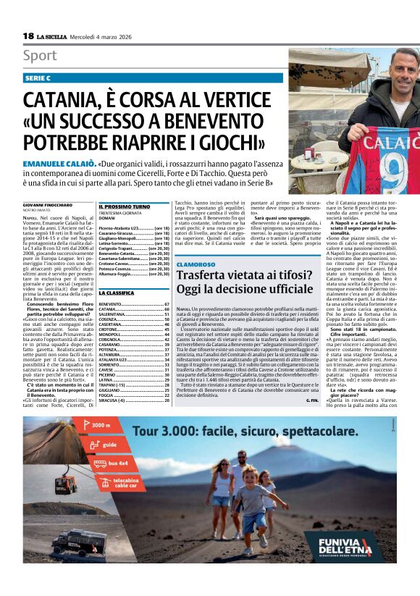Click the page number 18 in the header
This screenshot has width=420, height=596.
click(x=28, y=35)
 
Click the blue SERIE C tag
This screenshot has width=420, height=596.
click(x=38, y=77)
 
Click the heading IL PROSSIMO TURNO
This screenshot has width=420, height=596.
click(x=125, y=206)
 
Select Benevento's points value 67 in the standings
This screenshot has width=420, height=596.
click(x=167, y=304)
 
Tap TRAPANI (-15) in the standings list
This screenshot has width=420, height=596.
click(x=116, y=384)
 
